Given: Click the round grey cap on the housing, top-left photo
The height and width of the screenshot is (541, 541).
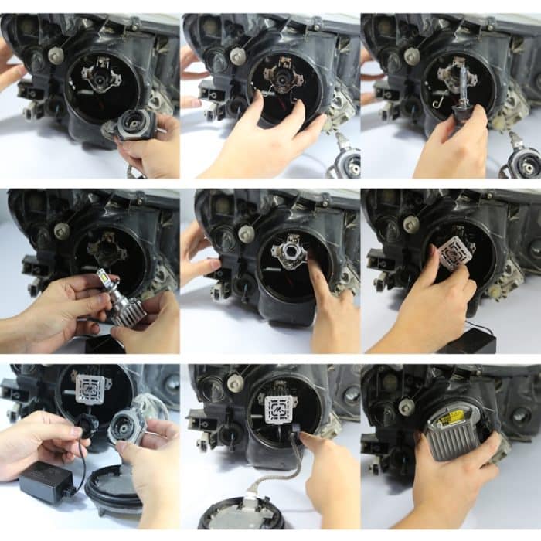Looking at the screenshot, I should [x=56, y=56].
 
